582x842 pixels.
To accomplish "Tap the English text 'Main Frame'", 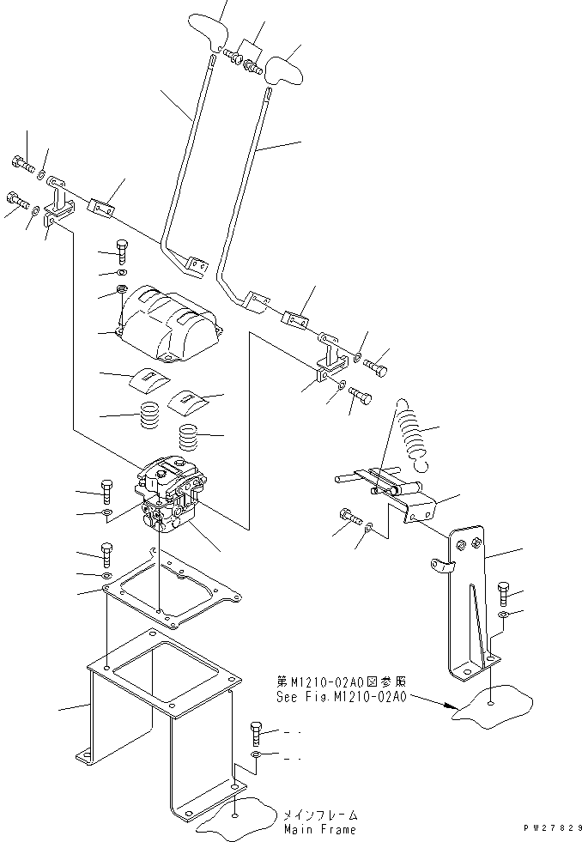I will click(x=318, y=829).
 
